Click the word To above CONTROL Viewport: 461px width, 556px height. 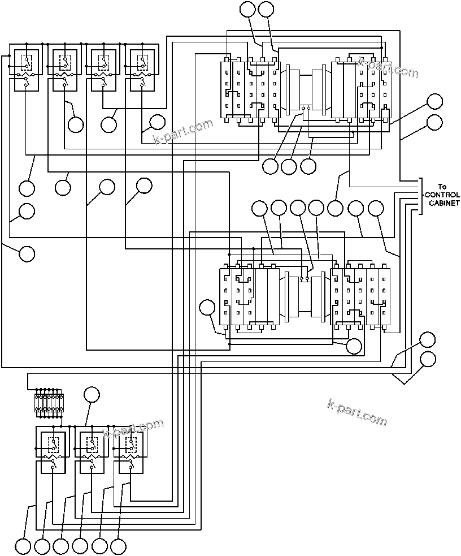(x=442, y=187)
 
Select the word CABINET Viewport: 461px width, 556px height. (x=443, y=203)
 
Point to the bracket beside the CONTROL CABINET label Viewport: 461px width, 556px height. (x=421, y=196)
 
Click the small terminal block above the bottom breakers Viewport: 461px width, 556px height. (x=49, y=403)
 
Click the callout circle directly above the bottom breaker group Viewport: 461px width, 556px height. (x=91, y=395)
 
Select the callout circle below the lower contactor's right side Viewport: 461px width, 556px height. (x=354, y=346)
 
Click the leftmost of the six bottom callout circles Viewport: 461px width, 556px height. (x=23, y=546)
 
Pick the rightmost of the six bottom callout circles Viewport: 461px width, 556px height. (x=118, y=546)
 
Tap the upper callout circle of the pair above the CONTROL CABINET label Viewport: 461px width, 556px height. (x=435, y=102)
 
